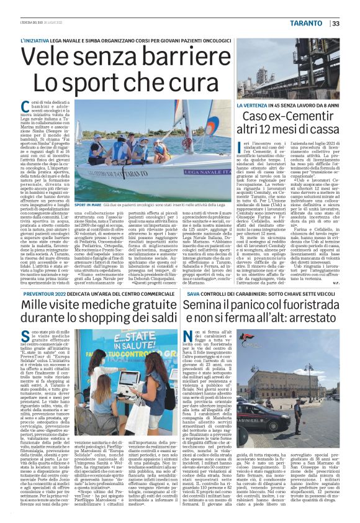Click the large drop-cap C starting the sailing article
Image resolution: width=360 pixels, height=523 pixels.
25,107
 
